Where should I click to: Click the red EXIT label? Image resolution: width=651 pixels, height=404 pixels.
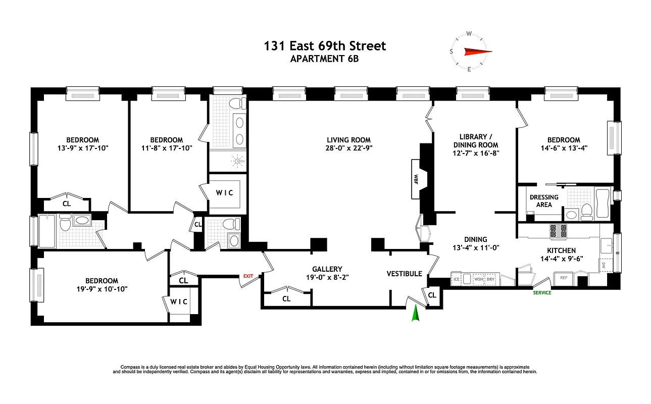pos(248,276)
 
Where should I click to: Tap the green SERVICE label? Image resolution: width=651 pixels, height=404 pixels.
pos(542,293)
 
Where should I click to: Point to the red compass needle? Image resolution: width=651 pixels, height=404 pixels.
pos(477,51)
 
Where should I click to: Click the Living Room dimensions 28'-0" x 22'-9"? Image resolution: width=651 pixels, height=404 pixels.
pos(348,148)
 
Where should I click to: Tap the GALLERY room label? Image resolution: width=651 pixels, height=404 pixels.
pos(327,269)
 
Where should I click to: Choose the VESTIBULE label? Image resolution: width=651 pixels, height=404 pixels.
pos(404,274)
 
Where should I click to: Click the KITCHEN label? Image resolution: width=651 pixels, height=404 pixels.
pos(561,250)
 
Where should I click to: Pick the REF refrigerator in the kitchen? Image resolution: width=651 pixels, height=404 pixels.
pos(564,277)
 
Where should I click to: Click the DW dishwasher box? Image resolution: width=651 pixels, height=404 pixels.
pos(604,264)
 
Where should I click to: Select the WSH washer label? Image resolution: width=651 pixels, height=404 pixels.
pos(477,279)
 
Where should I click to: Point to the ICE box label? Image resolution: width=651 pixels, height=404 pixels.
pos(457,279)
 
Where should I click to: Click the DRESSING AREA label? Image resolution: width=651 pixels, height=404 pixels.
pos(544,201)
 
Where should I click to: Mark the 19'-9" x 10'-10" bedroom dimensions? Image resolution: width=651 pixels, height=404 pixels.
pos(102,289)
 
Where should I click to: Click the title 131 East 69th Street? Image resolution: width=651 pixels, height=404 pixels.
pos(325,46)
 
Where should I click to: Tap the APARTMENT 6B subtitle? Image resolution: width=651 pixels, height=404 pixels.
pos(325,59)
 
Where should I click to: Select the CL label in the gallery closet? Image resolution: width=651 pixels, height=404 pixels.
pos(286,298)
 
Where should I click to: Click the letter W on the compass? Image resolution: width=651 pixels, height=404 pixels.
pos(469,34)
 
